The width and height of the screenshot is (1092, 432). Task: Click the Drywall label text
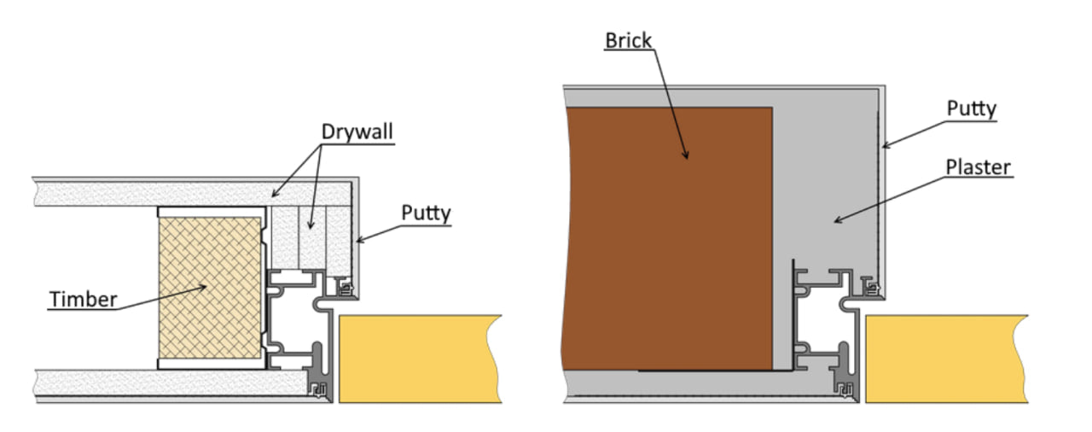pyautogui.click(x=357, y=132)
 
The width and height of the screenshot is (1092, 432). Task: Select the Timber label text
pyautogui.click(x=82, y=299)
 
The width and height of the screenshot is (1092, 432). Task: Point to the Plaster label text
pyautogui.click(x=978, y=167)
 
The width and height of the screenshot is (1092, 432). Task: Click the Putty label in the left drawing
pyautogui.click(x=425, y=213)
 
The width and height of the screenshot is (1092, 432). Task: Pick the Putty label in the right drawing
pyautogui.click(x=972, y=108)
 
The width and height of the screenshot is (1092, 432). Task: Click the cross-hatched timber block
pyautogui.click(x=211, y=286)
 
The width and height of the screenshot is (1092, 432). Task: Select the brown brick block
pyautogui.click(x=665, y=239)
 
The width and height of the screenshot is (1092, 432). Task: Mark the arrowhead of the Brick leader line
pyautogui.click(x=687, y=157)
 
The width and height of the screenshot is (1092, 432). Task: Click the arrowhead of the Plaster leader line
pyautogui.click(x=835, y=222)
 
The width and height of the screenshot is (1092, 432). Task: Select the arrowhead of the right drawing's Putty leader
pyautogui.click(x=885, y=146)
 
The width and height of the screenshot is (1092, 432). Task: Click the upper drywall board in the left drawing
pyautogui.click(x=171, y=192)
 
